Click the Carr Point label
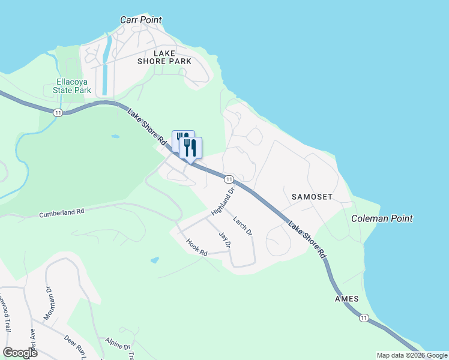tap(141, 20)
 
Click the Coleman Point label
tap(382, 218)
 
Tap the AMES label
tap(347, 299)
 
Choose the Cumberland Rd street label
tap(62, 212)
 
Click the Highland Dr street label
tap(222, 202)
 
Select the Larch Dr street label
tap(243, 225)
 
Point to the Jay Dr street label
tap(224, 240)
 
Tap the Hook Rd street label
tap(196, 248)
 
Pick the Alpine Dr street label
tap(118, 346)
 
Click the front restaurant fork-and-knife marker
tap(190, 148)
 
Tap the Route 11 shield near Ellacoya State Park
tap(58, 112)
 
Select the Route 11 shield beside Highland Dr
tap(229, 179)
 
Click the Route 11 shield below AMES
tap(364, 317)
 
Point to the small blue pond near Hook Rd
tap(155, 260)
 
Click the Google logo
tap(20, 353)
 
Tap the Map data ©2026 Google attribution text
tap(412, 355)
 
